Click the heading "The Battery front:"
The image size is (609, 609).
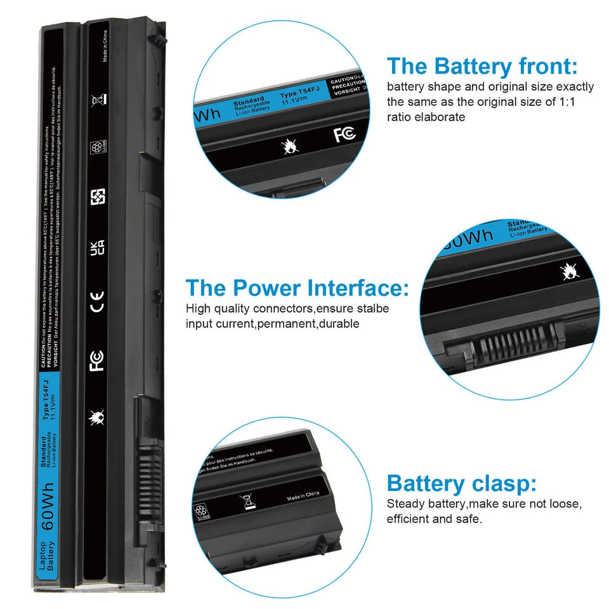point(482,66)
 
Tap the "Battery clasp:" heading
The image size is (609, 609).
point(461,484)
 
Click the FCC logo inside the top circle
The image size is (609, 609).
point(344,134)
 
